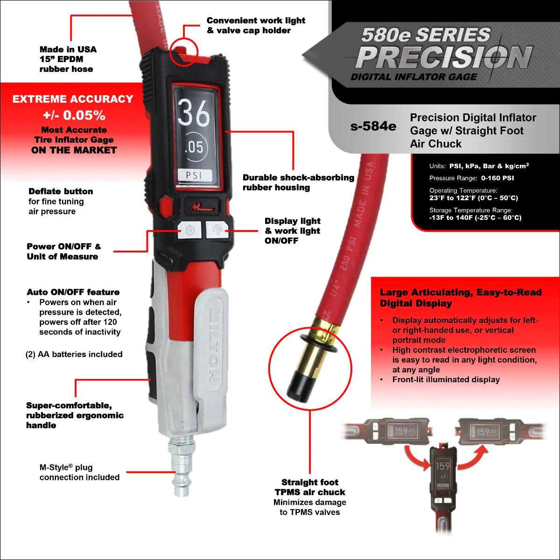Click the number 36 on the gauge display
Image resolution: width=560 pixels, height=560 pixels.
pyautogui.click(x=194, y=113)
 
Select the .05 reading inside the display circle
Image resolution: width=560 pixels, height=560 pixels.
pyautogui.click(x=194, y=147)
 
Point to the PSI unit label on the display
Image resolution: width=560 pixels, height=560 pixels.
pyautogui.click(x=195, y=176)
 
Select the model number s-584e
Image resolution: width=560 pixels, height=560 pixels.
pyautogui.click(x=373, y=126)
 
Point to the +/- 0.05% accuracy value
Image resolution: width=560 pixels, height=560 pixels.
pyautogui.click(x=74, y=115)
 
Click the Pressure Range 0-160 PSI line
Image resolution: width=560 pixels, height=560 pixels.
pyautogui.click(x=471, y=178)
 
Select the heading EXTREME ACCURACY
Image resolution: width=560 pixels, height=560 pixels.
pyautogui.click(x=73, y=99)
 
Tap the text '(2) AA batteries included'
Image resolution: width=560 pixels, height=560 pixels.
pyautogui.click(x=74, y=354)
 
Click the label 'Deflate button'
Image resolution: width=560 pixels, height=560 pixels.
pyautogui.click(x=61, y=191)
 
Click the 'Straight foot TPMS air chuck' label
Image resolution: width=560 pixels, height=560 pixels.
pyautogui.click(x=310, y=487)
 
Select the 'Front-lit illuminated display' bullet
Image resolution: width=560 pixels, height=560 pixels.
pyautogui.click(x=446, y=379)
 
